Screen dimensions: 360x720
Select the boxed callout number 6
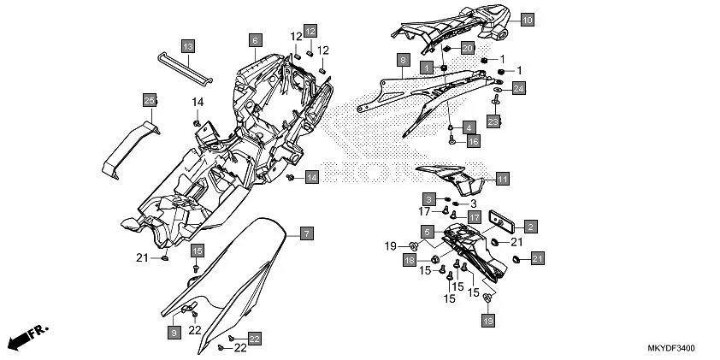[x=254, y=39]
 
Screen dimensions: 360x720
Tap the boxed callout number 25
[x=149, y=101]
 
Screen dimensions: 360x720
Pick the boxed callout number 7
[x=306, y=233]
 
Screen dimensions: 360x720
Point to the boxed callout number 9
[x=174, y=331]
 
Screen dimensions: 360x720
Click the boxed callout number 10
[x=526, y=18]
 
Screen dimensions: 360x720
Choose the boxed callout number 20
[x=467, y=48]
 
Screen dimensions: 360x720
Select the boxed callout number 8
[x=401, y=61]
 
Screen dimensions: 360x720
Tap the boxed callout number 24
[x=519, y=87]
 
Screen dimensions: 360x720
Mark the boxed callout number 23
[x=493, y=122]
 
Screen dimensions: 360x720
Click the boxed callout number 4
[x=469, y=127]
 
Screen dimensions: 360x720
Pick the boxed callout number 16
[x=473, y=141]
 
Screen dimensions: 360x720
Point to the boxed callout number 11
[x=502, y=179]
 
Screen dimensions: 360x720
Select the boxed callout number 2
[x=530, y=226]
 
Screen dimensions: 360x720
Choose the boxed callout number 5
[x=427, y=231]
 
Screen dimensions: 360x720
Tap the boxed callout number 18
[x=410, y=260]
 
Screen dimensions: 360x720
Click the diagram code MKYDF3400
[x=670, y=349]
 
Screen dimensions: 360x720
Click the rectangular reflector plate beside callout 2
[x=500, y=220]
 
